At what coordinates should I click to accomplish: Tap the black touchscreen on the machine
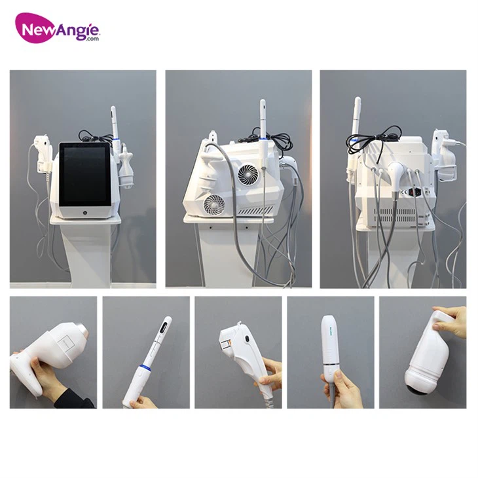click(83, 173)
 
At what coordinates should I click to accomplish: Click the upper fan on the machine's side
click(249, 175)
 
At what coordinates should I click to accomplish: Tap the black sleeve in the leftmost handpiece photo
click(72, 397)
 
